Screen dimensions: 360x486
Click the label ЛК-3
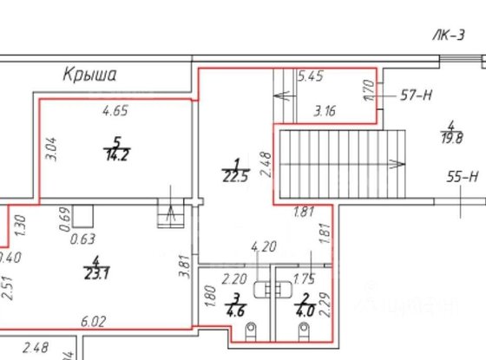tap(449, 36)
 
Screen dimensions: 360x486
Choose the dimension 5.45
tap(311, 77)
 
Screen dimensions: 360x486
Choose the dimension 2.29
tap(323, 306)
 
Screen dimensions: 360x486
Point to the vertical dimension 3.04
tap(50, 151)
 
